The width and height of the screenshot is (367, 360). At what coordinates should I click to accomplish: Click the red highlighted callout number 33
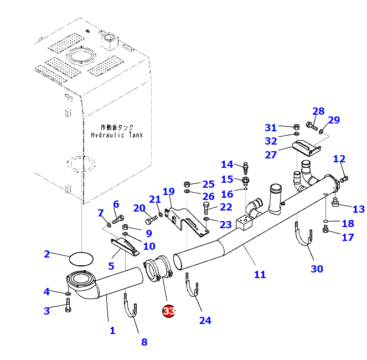coord(169,311)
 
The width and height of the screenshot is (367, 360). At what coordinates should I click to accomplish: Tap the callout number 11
coord(260,274)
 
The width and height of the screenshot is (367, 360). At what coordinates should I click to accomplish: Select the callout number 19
coord(168,192)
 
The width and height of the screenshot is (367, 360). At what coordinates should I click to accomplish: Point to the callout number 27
coord(271,155)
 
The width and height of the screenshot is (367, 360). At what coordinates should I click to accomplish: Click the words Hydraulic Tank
coord(117,135)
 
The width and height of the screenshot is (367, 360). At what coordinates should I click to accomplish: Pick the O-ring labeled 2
coord(81,259)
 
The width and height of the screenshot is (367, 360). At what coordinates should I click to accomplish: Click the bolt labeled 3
coord(68,305)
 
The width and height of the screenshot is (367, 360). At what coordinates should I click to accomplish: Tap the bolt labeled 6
coord(118,219)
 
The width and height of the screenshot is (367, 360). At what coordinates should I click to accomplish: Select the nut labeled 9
coord(126,227)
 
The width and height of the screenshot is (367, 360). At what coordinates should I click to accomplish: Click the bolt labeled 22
coord(206,208)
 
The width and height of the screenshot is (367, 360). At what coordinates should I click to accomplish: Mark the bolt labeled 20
coord(151,220)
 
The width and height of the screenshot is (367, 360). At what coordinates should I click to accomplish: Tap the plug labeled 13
coord(335,202)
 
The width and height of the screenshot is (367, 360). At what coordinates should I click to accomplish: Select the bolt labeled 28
coord(312,126)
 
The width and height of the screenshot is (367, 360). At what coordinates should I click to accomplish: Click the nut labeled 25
coord(187,184)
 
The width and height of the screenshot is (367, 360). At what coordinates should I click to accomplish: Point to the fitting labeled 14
coord(246,168)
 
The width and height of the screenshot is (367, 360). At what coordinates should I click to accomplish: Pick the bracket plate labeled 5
coord(125,246)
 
